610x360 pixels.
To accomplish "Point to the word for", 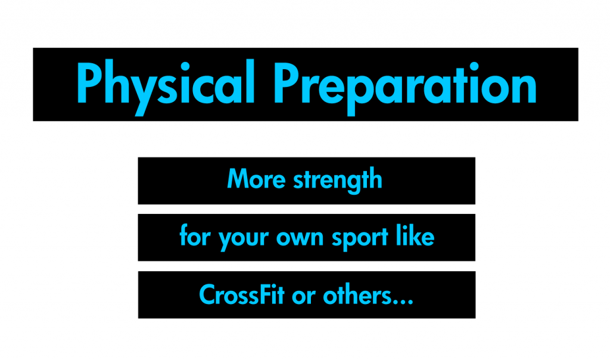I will (x=195, y=237).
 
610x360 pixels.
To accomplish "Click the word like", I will (x=415, y=237).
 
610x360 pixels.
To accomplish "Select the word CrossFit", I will (x=241, y=294).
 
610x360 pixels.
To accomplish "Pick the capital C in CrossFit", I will (x=207, y=294).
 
